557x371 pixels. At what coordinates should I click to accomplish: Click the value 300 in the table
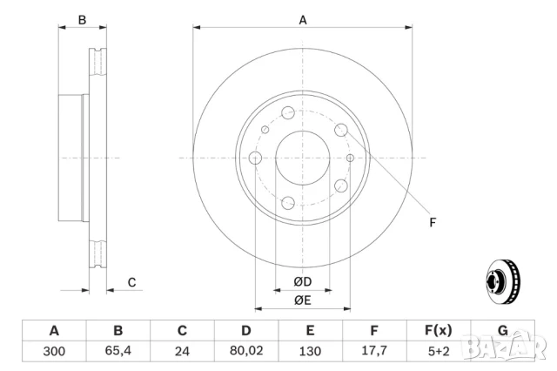click(54, 352)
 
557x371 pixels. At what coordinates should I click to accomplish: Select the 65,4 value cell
click(118, 352)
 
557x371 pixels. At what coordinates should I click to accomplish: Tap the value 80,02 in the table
click(246, 352)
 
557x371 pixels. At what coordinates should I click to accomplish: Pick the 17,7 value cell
click(374, 352)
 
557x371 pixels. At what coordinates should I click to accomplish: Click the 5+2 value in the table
click(438, 352)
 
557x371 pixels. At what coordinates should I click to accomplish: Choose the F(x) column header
click(438, 330)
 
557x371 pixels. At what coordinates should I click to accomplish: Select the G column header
click(502, 330)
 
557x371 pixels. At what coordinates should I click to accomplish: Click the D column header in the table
click(246, 330)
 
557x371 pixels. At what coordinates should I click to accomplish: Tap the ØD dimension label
click(302, 282)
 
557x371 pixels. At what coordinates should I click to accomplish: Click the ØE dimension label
click(302, 300)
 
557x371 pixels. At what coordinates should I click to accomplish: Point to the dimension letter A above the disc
click(303, 19)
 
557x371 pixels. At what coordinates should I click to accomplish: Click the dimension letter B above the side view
click(83, 19)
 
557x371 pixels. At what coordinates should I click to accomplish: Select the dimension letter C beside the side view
click(131, 282)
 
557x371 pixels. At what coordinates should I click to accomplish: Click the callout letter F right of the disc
click(433, 223)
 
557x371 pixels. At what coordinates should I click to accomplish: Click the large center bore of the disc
click(302, 158)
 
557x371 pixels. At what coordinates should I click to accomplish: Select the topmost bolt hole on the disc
click(288, 112)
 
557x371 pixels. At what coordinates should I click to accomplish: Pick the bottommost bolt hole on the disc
click(288, 203)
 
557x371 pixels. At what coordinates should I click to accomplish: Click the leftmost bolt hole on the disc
click(256, 158)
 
